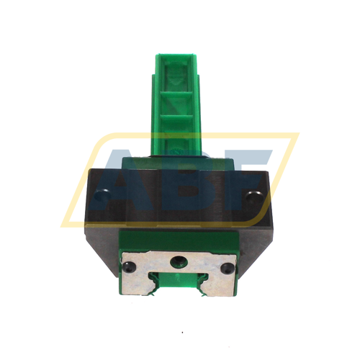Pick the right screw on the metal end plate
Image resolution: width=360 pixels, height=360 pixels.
(228, 268)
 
